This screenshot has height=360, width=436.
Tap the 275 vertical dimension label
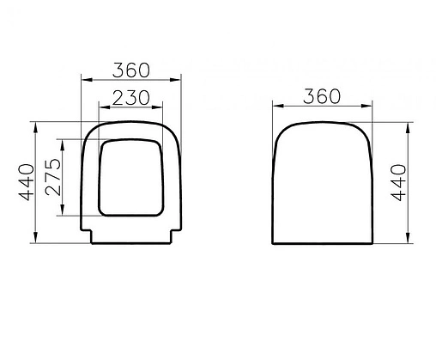pos(51,177)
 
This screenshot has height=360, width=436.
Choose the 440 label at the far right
pos(417,183)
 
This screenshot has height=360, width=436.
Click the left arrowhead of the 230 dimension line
pos(103,108)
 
